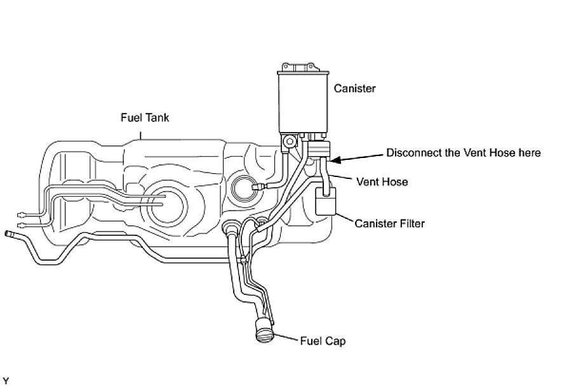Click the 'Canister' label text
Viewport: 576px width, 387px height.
coord(354,89)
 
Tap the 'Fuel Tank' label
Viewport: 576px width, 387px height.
coord(145,117)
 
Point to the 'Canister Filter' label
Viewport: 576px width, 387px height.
coord(389,223)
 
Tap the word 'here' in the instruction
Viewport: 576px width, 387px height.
coord(528,153)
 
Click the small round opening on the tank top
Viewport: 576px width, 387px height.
coord(245,187)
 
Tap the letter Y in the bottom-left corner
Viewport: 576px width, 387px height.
coord(5,381)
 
